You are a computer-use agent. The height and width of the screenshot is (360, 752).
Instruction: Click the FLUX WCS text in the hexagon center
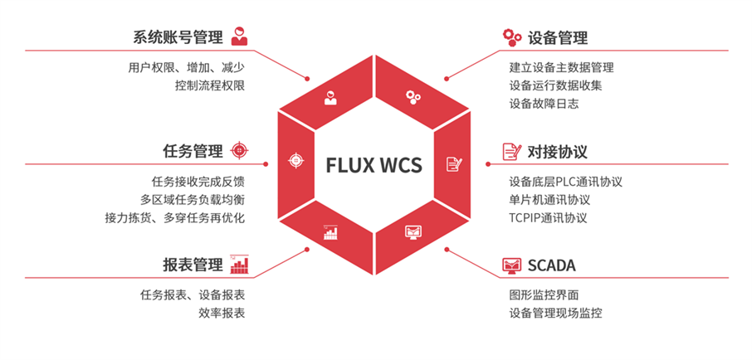click(376, 164)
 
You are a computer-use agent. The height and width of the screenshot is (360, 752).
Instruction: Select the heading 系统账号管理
click(178, 37)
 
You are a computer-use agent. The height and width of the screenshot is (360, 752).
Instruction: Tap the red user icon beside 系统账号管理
click(239, 36)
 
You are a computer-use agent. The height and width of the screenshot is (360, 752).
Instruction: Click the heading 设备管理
click(557, 37)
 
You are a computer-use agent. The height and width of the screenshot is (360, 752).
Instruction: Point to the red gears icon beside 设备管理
click(512, 37)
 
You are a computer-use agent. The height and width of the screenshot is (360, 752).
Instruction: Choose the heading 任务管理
click(193, 151)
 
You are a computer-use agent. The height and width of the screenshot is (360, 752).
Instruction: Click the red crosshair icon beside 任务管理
click(239, 151)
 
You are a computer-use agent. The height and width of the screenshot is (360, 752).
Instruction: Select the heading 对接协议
click(557, 152)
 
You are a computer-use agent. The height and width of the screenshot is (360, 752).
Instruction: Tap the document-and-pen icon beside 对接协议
click(512, 152)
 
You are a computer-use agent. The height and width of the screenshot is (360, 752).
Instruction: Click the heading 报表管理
click(193, 265)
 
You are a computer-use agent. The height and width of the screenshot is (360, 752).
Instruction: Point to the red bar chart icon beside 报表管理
click(240, 264)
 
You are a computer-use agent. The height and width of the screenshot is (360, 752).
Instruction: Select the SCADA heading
click(551, 265)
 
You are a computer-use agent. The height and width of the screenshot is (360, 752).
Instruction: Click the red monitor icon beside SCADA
click(512, 265)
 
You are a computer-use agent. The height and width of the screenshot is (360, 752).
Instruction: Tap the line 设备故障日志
click(544, 104)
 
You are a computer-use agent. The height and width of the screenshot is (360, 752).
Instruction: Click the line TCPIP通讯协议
click(548, 218)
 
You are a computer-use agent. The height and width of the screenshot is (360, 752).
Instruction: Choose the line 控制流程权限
click(209, 85)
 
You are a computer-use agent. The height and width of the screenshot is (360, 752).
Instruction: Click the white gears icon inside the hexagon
click(413, 96)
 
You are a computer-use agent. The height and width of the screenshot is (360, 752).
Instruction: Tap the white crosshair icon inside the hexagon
click(295, 160)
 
